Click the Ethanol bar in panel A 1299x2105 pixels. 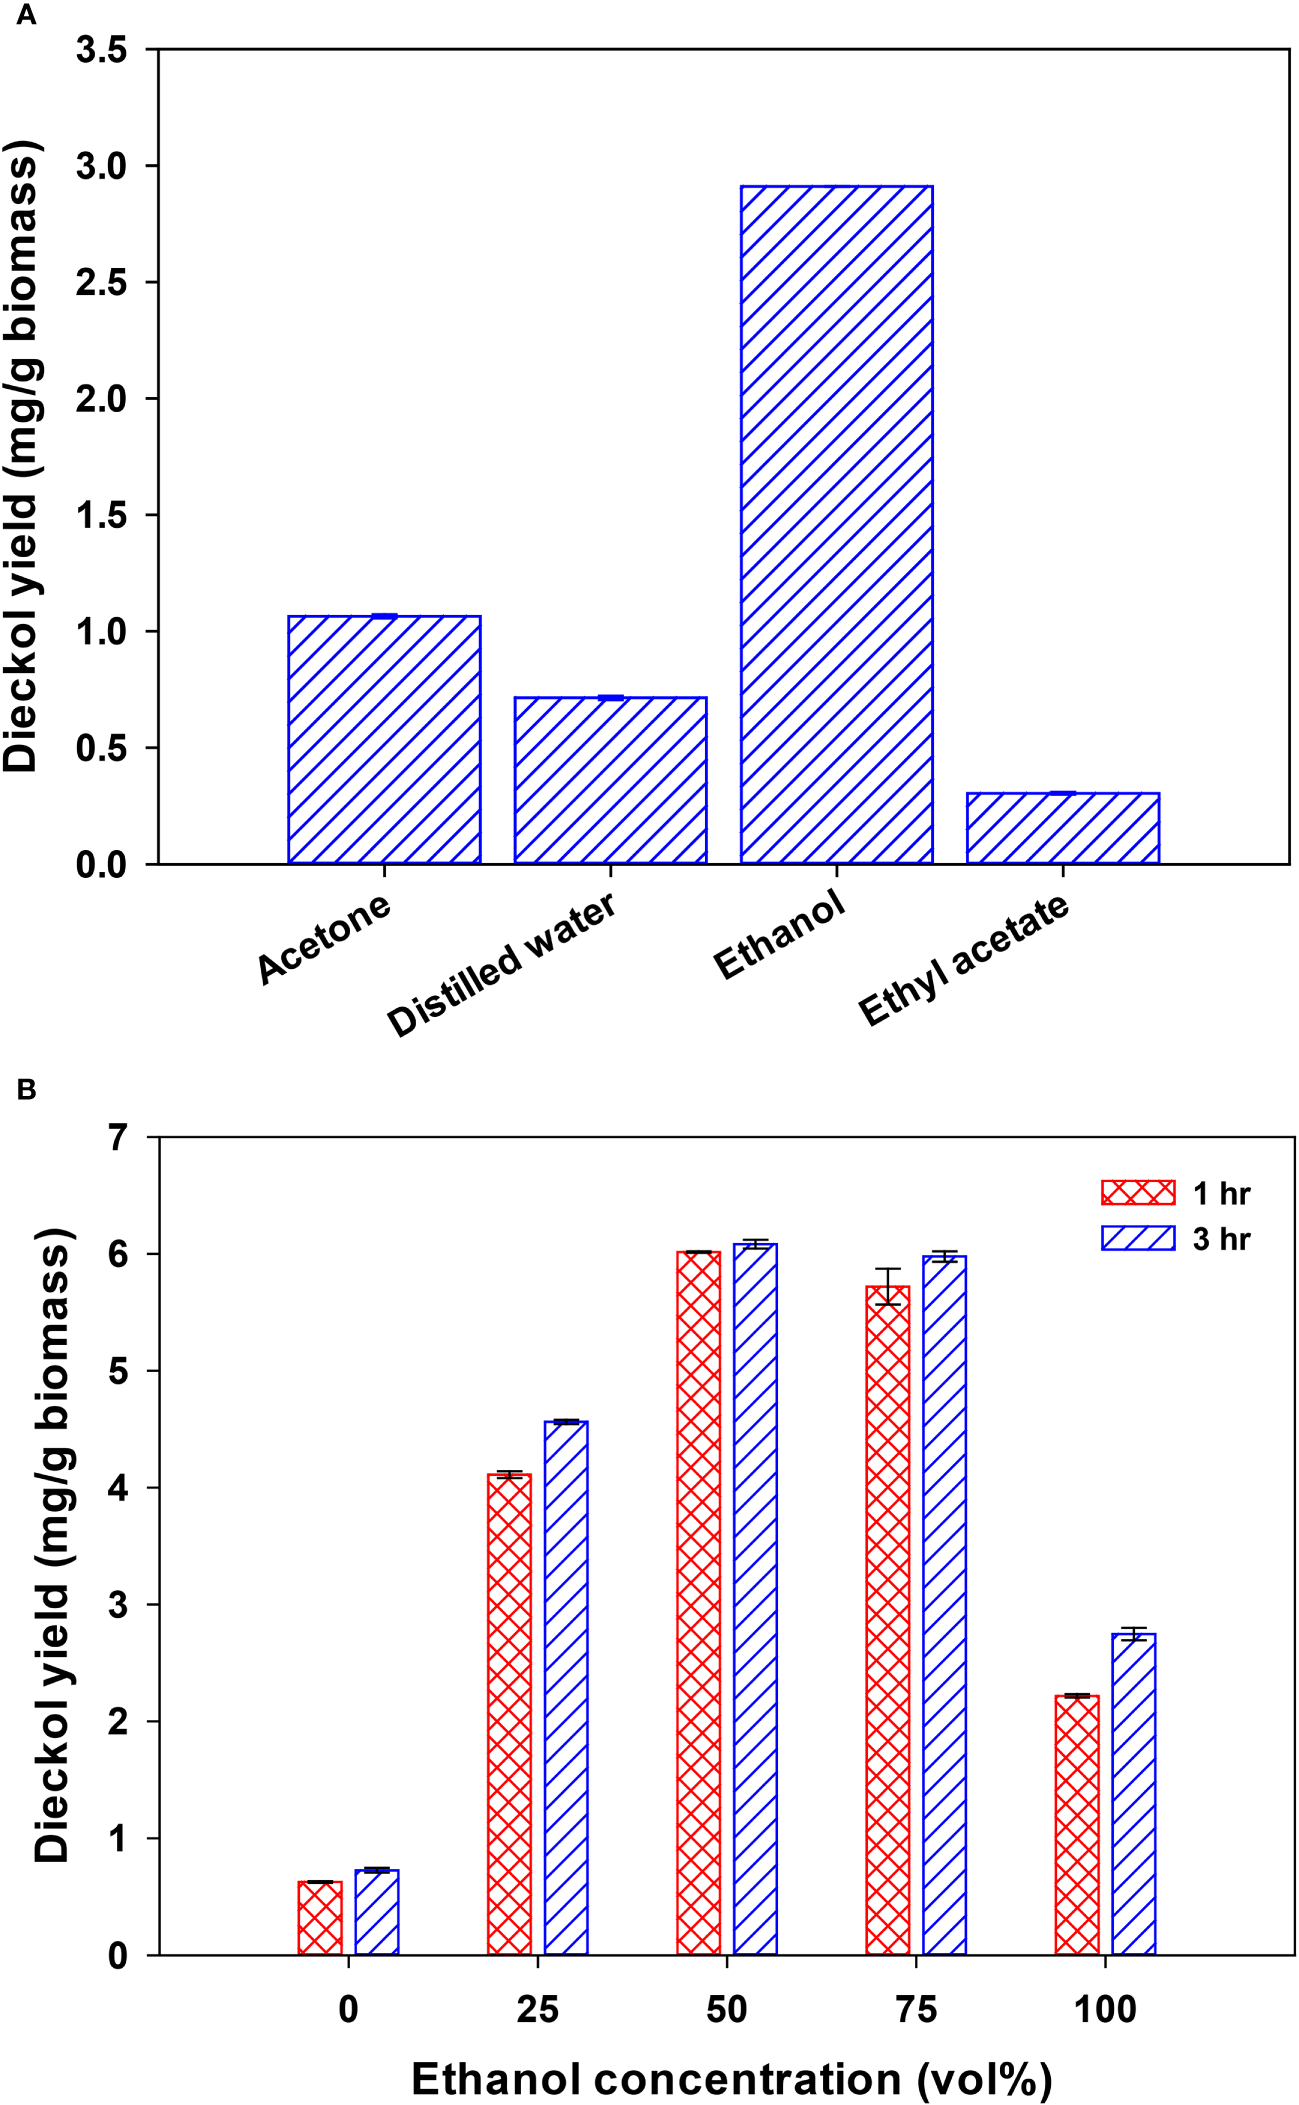click(836, 524)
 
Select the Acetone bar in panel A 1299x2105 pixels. click(384, 739)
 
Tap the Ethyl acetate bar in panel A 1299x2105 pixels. click(1062, 828)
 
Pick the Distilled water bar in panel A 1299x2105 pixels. click(610, 780)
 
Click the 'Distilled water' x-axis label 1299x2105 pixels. click(502, 965)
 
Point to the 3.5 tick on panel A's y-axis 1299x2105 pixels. click(102, 49)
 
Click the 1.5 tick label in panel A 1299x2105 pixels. click(102, 515)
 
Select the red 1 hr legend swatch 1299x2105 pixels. click(1138, 1192)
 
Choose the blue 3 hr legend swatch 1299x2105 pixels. click(1138, 1238)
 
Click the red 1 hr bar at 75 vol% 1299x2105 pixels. click(888, 1620)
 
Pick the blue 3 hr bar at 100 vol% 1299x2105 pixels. click(1133, 1794)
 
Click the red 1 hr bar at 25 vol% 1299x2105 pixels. click(509, 1714)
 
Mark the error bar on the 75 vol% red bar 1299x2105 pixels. click(888, 1286)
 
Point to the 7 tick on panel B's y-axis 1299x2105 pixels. click(119, 1137)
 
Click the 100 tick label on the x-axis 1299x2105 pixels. click(1105, 2009)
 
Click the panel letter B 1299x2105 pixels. click(27, 1089)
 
